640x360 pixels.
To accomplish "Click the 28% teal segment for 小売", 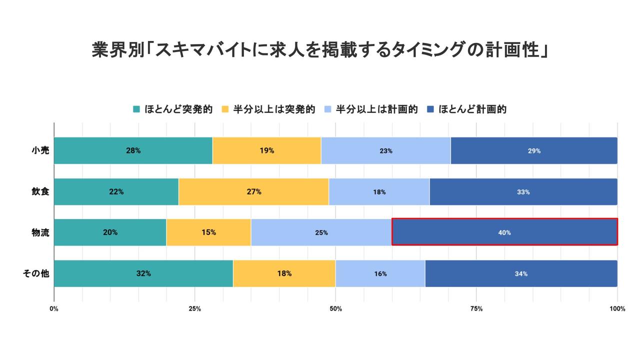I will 133,150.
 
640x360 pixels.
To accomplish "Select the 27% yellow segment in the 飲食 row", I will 253,191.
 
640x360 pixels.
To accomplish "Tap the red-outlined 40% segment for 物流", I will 504,232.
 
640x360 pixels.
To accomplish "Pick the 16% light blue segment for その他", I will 380,273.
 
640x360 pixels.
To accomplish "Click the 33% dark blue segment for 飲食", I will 523,191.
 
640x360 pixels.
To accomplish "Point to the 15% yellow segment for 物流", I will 208,232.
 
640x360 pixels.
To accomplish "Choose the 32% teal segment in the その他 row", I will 143,273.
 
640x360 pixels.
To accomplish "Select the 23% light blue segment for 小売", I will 385,150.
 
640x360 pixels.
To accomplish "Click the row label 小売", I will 40,150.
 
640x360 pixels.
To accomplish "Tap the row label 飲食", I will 40,191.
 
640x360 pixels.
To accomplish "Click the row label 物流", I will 40,232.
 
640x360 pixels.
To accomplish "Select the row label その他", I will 36,273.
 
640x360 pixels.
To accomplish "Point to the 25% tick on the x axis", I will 195,308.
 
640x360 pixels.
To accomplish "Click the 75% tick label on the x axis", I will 476,308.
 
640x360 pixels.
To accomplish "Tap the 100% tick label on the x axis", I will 617,308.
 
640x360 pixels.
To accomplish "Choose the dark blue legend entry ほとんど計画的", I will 472,109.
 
